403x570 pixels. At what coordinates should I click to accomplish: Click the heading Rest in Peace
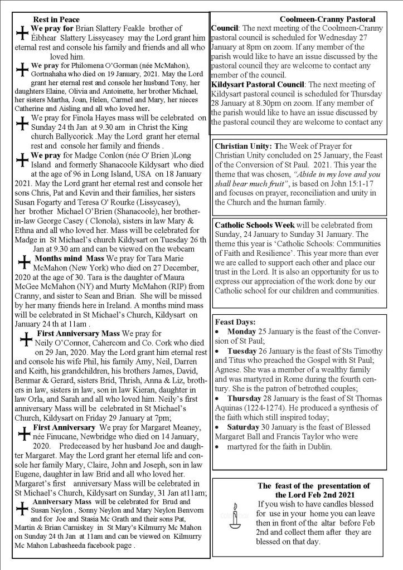click(x=56, y=20)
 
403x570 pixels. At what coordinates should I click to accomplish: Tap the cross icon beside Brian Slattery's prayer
click(x=22, y=35)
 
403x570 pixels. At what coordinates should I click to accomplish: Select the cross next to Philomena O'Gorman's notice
click(x=21, y=70)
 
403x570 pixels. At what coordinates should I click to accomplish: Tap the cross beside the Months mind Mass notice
click(x=24, y=263)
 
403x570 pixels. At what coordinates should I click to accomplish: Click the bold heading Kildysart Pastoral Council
click(x=258, y=84)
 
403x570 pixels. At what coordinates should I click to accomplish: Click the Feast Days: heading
click(x=235, y=322)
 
